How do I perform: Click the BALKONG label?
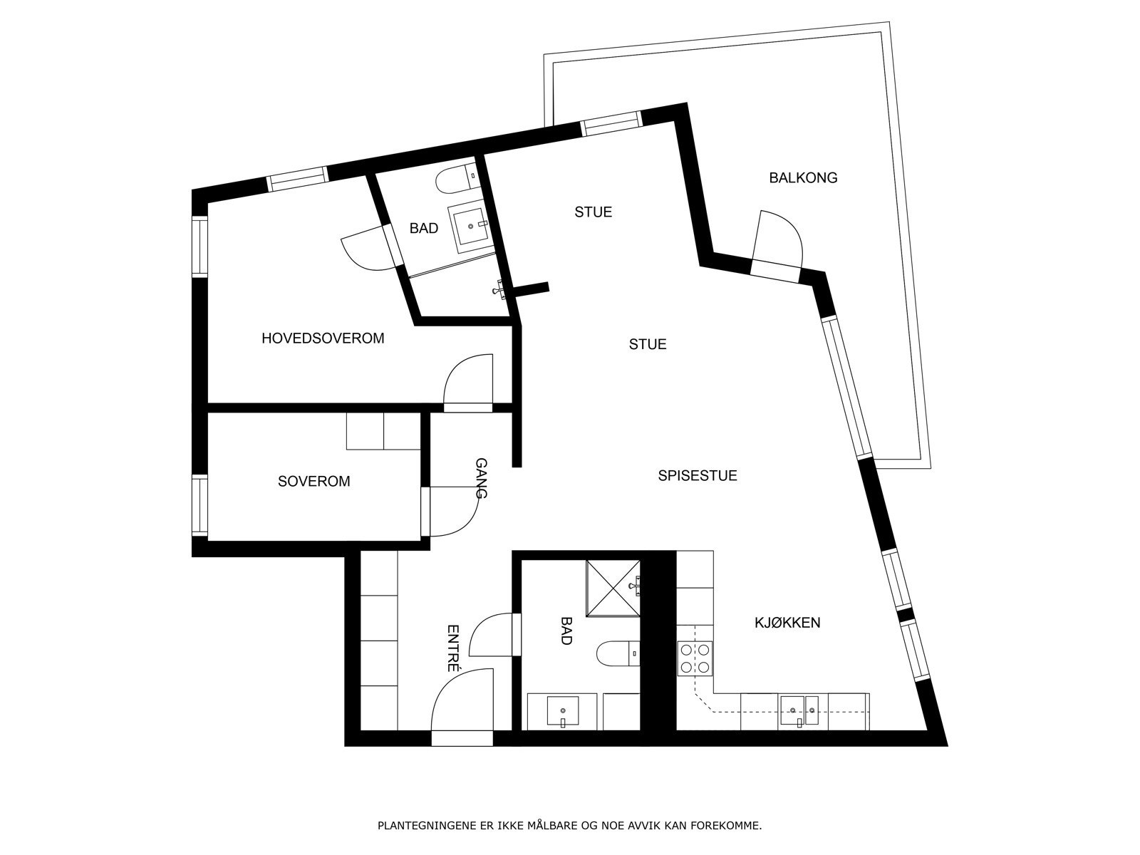pyautogui.click(x=803, y=178)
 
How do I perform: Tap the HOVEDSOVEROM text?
pyautogui.click(x=323, y=338)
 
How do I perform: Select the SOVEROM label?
pyautogui.click(x=313, y=482)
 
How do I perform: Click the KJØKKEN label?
pyautogui.click(x=787, y=623)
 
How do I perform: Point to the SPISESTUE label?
pyautogui.click(x=697, y=475)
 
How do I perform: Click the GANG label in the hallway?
pyautogui.click(x=481, y=478)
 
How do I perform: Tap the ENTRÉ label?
pyautogui.click(x=452, y=648)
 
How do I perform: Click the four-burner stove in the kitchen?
pyautogui.click(x=695, y=658)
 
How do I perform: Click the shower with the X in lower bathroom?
pyautogui.click(x=613, y=588)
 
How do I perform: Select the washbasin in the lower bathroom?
pyautogui.click(x=562, y=712)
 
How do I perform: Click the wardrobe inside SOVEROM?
pyautogui.click(x=383, y=431)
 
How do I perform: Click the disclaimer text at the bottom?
pyautogui.click(x=569, y=826)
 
